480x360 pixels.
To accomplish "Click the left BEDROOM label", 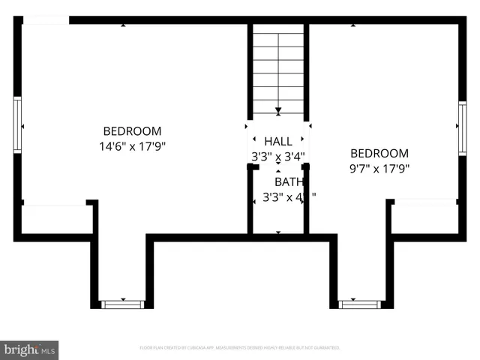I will pos(132,130).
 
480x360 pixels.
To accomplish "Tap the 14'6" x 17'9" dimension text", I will pos(132,145).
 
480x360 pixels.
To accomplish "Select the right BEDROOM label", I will pos(379,154).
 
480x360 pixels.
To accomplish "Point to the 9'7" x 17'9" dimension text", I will pos(379,169).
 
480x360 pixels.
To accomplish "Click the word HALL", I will pos(278,141).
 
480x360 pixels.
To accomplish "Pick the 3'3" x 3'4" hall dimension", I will pos(278,157).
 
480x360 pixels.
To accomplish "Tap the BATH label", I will pos(288,181).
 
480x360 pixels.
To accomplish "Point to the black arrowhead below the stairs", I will pos(278,111).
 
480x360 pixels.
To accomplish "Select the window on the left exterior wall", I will pos(18,124).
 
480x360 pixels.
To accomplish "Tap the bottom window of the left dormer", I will pos(121,304).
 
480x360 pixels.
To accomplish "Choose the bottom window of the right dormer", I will pos(360,304).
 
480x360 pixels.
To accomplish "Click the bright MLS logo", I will pos(30,349).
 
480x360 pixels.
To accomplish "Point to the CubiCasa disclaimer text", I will pos(240,348).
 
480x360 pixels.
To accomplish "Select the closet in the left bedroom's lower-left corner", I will pos(56,219).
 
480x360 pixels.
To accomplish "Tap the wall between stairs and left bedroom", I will pos(250,71).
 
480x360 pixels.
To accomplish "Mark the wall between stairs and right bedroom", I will pos(307,71).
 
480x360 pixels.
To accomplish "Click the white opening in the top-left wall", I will pos(46,20).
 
